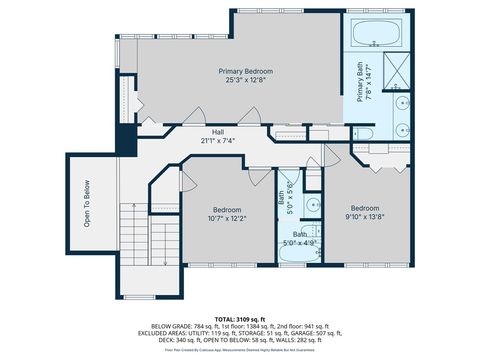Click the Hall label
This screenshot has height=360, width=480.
217,132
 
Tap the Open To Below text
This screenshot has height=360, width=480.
87,204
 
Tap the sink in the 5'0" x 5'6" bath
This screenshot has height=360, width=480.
312,206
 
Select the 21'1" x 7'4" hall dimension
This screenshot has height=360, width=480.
217,141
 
